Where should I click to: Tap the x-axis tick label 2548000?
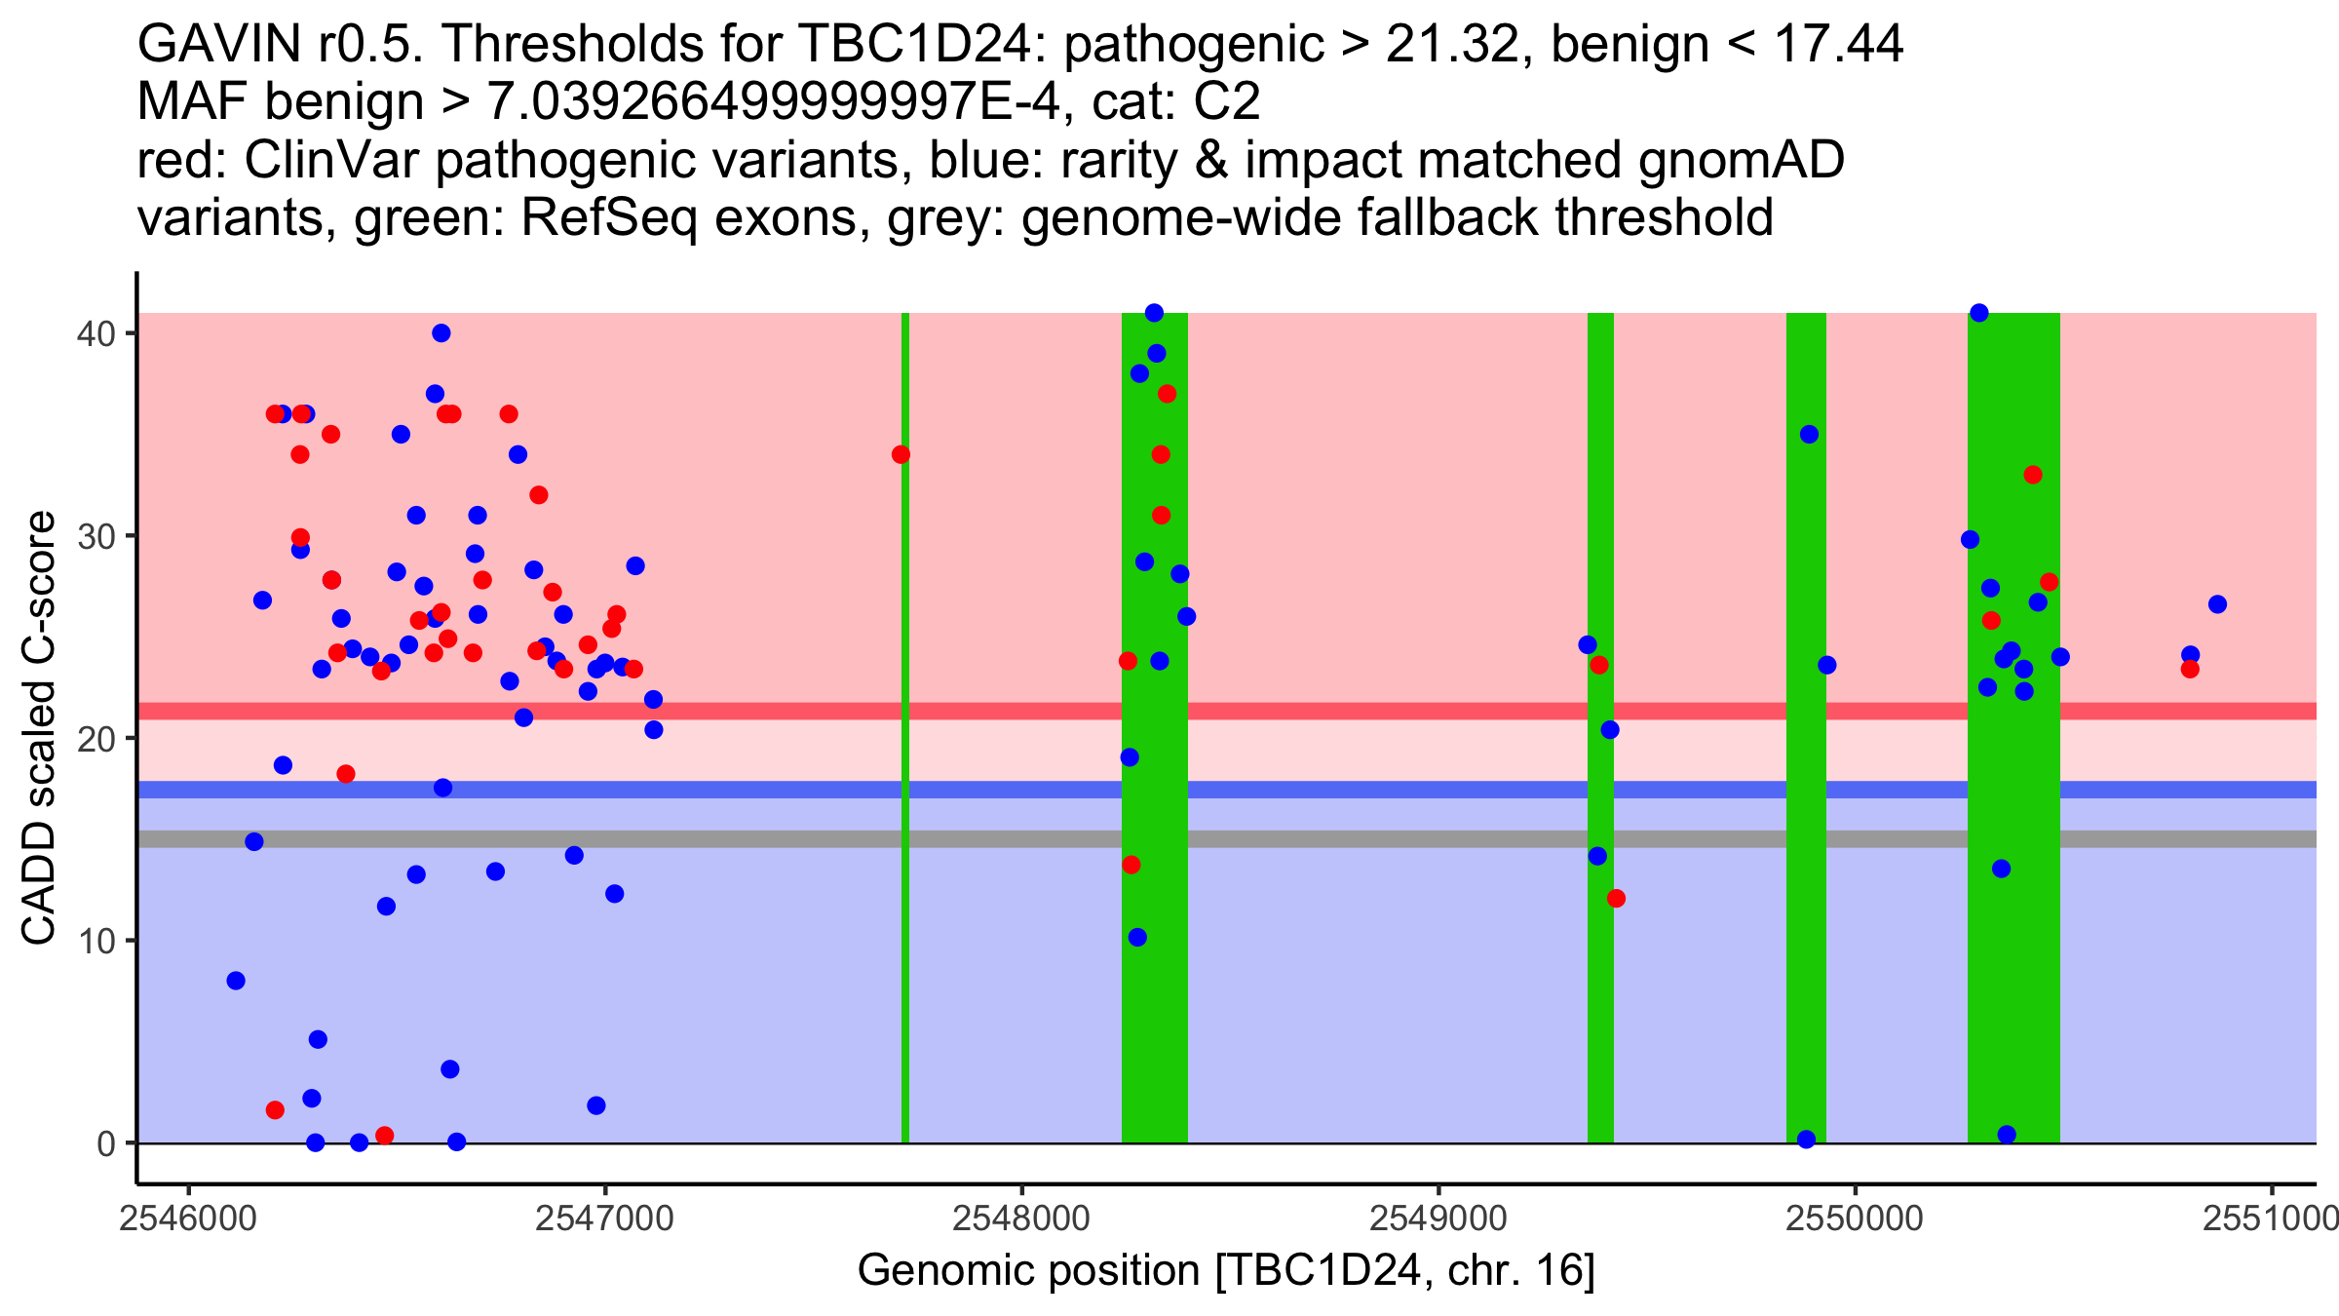(1021, 1219)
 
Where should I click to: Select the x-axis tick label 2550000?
(1855, 1219)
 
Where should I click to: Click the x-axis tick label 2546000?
(188, 1219)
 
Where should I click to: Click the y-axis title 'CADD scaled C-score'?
(39, 728)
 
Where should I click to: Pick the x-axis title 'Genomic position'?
(1028, 1271)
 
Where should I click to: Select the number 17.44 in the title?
(1838, 45)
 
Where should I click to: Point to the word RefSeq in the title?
(608, 217)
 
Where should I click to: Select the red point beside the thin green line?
(901, 454)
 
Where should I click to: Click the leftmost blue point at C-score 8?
(236, 981)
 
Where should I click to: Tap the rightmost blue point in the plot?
(2217, 604)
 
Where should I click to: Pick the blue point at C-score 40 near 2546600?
(441, 333)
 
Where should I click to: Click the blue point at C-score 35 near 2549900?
(1809, 435)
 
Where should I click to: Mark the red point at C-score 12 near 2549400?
(1616, 899)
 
